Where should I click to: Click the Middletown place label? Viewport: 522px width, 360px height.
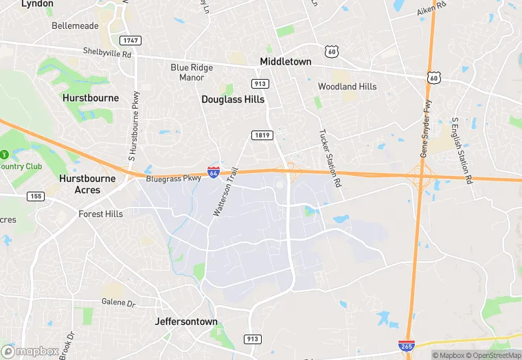coord(285,62)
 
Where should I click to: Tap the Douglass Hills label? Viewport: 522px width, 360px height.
coord(233,99)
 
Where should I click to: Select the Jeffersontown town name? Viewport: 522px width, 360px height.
coord(186,322)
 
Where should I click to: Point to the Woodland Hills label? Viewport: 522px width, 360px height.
coord(347,87)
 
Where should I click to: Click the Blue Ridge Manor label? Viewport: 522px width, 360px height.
coord(192,73)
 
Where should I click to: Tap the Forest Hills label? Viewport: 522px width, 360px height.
coord(100,214)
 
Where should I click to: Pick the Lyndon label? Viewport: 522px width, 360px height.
coord(37,4)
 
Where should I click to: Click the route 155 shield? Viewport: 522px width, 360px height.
coord(36,196)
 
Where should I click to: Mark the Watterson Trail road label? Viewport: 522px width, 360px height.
coord(225,192)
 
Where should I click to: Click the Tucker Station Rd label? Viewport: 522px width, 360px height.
coord(330,159)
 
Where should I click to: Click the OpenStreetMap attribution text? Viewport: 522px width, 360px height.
coord(491,355)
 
